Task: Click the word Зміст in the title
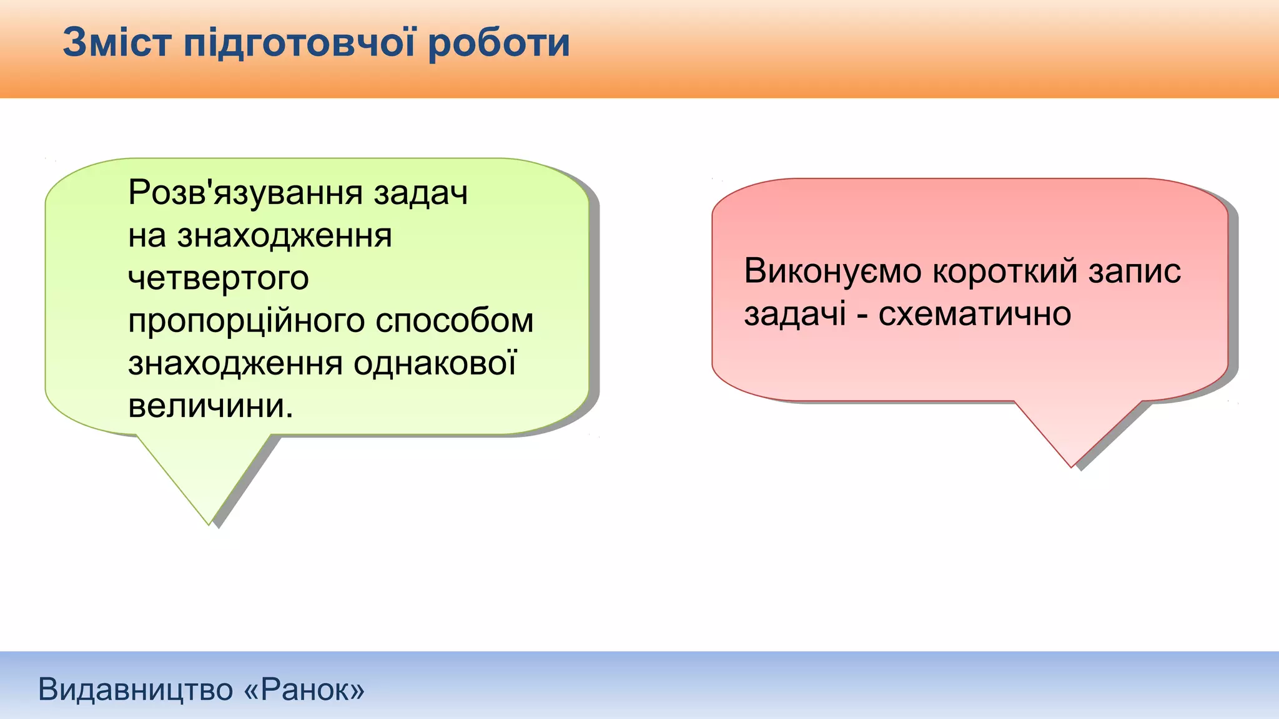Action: click(x=117, y=42)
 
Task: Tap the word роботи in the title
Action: click(x=499, y=44)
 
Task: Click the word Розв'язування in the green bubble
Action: click(x=245, y=192)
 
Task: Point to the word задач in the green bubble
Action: click(x=421, y=192)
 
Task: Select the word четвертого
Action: click(x=218, y=278)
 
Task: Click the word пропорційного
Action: click(x=246, y=321)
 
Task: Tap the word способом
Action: click(x=455, y=320)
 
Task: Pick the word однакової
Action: click(x=435, y=363)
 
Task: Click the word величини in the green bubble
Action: click(x=210, y=406)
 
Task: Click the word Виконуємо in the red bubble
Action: click(x=832, y=271)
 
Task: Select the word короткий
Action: click(x=1005, y=271)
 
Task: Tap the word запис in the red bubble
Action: click(x=1135, y=271)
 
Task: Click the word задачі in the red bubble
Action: click(x=795, y=313)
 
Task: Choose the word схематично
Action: click(x=974, y=314)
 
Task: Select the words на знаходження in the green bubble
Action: click(x=260, y=235)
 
